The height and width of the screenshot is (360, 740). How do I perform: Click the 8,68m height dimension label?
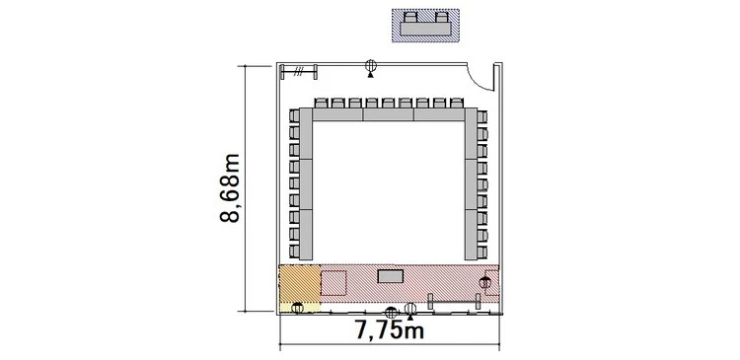click(230, 187)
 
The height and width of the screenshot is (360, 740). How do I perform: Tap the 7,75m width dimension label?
click(390, 330)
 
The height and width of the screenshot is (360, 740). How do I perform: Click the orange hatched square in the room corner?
click(300, 283)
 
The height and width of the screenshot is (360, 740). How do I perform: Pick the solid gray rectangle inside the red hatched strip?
click(391, 276)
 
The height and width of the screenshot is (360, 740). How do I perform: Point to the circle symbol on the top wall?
click(371, 65)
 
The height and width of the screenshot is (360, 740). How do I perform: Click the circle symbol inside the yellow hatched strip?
click(297, 308)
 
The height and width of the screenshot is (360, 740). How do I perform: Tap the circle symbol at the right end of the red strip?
click(485, 283)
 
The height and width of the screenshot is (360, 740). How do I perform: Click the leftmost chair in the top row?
click(321, 103)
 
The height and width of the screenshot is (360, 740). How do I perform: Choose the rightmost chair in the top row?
click(457, 103)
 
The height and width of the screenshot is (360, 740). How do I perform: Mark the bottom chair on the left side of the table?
click(294, 251)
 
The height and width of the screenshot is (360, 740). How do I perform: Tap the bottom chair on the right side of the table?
click(481, 252)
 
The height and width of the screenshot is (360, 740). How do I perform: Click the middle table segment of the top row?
click(389, 114)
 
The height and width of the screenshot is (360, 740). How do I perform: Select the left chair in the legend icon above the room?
click(410, 18)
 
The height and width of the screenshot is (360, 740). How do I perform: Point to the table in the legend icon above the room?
click(426, 29)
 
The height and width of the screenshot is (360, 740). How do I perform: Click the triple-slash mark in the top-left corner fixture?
click(298, 72)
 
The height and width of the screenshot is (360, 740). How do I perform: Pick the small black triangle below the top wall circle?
click(370, 75)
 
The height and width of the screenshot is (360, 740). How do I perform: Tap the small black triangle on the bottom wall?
click(410, 318)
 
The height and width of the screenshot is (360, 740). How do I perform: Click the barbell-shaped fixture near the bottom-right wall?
click(454, 302)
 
